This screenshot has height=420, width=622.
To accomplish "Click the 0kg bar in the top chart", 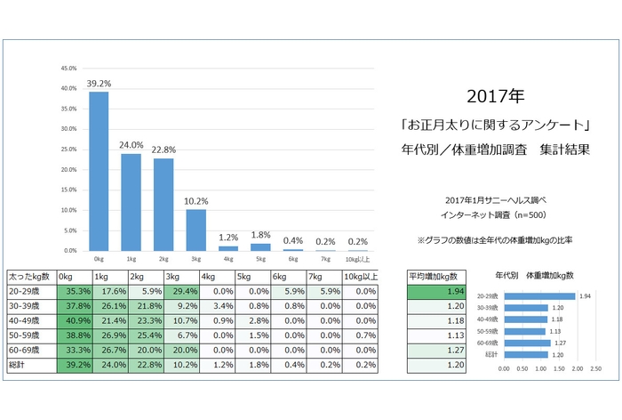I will pyautogui.click(x=98, y=172).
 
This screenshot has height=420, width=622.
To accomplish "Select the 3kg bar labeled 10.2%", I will pyautogui.click(x=195, y=230).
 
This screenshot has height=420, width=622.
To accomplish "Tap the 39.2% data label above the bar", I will pyautogui.click(x=98, y=83).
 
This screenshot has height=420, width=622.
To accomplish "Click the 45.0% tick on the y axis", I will pyautogui.click(x=68, y=69).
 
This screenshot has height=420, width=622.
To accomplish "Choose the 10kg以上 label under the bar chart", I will pyautogui.click(x=359, y=258).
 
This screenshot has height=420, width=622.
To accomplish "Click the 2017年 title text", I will pyautogui.click(x=494, y=94).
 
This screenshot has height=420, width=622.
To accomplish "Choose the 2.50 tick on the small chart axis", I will pyautogui.click(x=596, y=367).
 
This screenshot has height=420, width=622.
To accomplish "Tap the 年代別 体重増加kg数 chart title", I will pyautogui.click(x=533, y=276).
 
